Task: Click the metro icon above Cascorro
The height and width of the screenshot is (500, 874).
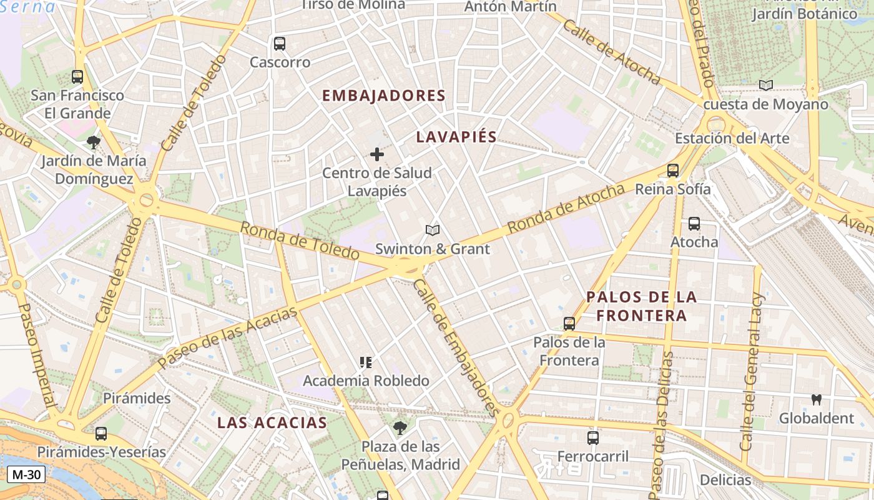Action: coord(280,44)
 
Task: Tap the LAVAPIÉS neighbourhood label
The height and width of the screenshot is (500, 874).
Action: coord(456,137)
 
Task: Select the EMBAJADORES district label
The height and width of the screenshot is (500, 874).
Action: coord(383,96)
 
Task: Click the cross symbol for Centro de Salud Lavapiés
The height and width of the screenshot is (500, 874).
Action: coord(377,154)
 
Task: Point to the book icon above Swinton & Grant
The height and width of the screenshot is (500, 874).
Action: coord(433,231)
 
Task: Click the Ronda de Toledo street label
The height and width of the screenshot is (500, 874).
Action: coord(300,241)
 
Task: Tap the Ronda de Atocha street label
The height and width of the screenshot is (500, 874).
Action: coord(566,209)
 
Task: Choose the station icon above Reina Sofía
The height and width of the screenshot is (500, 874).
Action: coord(673,170)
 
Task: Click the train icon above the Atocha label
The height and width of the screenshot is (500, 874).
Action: coord(694,224)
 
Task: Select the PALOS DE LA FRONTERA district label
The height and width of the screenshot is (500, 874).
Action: coord(642,306)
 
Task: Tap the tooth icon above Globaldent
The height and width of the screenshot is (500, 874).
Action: coord(816,399)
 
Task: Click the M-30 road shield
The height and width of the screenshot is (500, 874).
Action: coord(26,475)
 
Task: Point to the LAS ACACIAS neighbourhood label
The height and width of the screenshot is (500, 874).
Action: coord(272,422)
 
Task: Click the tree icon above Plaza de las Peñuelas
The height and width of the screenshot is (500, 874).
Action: coord(400,428)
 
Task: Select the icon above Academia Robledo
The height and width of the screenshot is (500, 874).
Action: coord(366,362)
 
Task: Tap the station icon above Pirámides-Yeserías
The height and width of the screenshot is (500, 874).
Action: coord(101,433)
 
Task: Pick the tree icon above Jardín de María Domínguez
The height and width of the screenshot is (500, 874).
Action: coord(94,142)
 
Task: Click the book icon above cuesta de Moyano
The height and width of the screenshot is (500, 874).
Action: coord(766,86)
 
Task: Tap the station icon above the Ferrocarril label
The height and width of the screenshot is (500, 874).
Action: coord(593,438)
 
